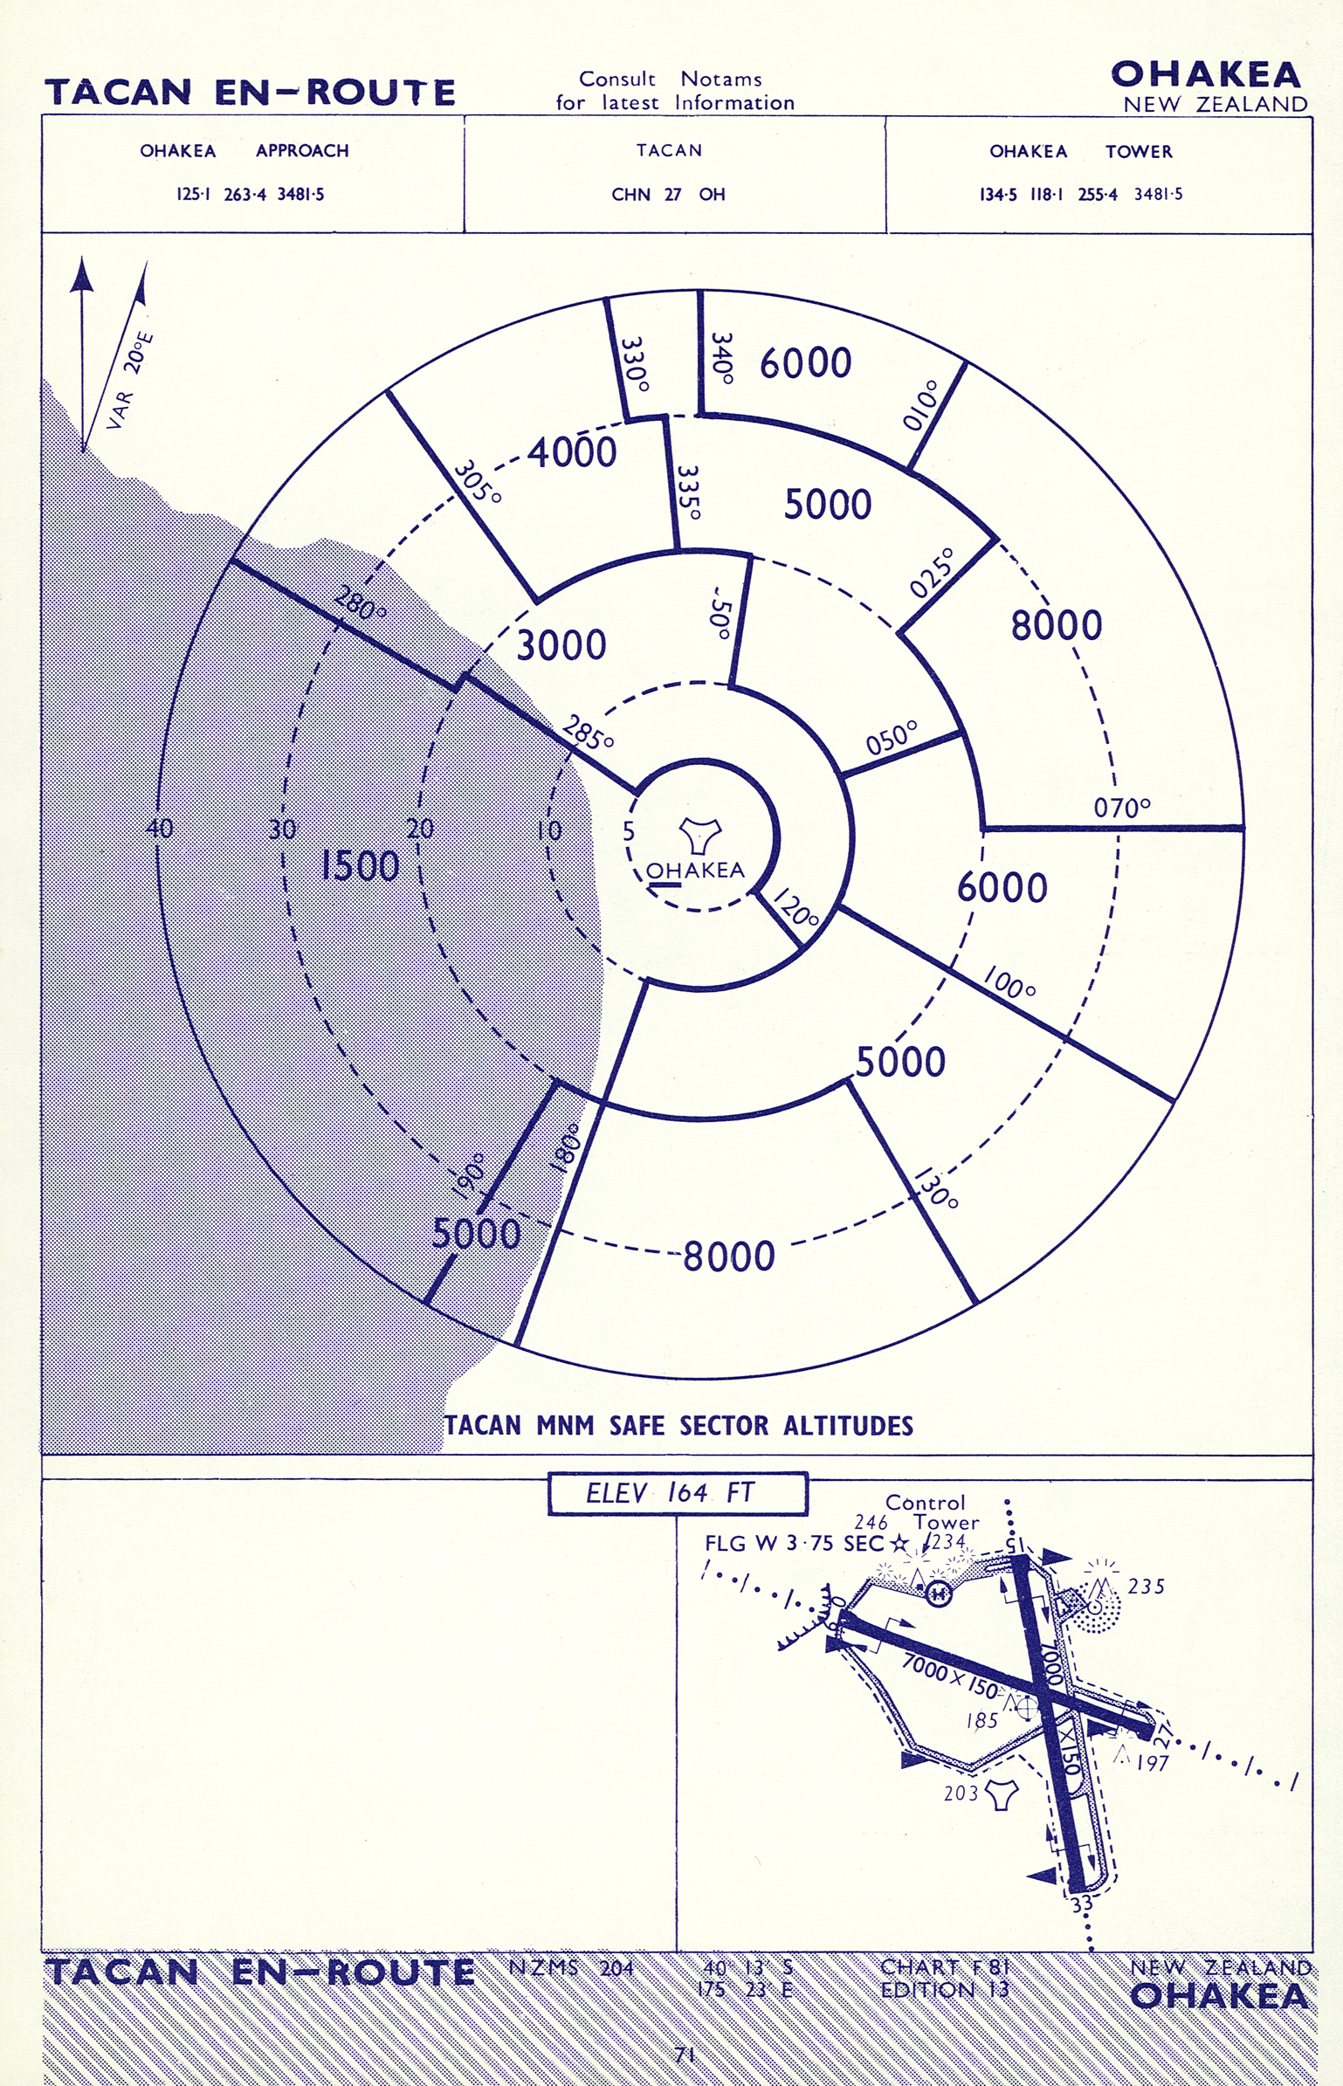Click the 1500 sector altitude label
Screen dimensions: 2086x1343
360,865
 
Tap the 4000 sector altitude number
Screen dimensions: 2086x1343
572,452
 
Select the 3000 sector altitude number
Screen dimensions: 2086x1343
561,645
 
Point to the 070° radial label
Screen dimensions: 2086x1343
1122,808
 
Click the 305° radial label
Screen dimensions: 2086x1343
477,481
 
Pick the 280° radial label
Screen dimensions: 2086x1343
360,603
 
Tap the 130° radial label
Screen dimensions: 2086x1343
937,1188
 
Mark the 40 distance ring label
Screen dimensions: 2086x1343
160,828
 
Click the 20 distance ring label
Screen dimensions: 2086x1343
420,829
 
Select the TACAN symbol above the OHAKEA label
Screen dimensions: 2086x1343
700,835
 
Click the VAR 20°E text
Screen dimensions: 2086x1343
131,381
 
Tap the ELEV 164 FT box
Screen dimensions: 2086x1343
677,1493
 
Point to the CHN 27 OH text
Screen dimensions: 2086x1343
668,195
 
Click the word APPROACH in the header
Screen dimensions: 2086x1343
302,151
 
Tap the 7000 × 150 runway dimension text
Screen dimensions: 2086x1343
950,1676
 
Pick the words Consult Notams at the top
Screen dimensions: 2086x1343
670,79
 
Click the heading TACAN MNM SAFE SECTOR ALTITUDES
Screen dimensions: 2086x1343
678,1426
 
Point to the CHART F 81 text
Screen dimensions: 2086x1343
944,1966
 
